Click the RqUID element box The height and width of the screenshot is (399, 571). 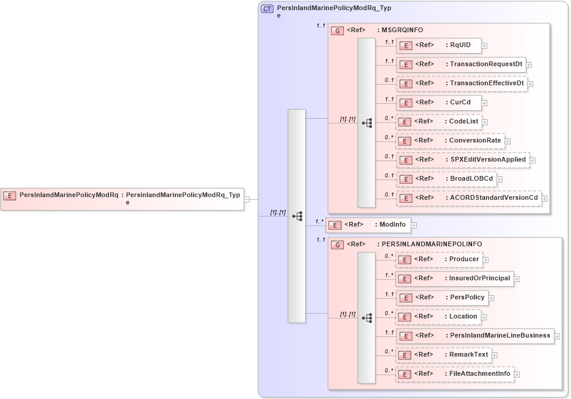pos(439,45)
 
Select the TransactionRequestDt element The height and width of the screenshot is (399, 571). pos(460,64)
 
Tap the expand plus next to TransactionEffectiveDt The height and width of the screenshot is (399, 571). pos(530,84)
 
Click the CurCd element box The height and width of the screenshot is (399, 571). pos(439,103)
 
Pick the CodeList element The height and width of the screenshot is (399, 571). pos(439,122)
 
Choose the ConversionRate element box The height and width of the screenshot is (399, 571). pos(451,141)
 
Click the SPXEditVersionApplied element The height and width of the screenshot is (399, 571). pos(463,160)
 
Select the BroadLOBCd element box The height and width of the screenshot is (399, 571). pos(446,179)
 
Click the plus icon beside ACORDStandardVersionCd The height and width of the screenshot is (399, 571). pos(545,199)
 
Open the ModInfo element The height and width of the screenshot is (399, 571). pos(368,225)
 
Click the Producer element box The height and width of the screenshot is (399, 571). pos(439,259)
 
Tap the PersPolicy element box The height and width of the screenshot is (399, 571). pos(442,298)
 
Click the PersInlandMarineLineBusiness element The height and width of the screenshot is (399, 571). pos(474,336)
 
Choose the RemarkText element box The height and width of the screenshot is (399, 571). pos(443,355)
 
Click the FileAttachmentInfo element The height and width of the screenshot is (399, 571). pos(454,374)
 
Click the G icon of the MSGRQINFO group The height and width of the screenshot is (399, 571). pos(337,30)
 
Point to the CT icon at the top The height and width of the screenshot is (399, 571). pos(268,9)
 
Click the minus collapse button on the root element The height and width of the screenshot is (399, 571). pos(247,199)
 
